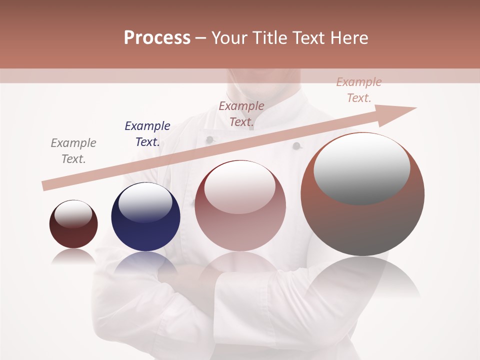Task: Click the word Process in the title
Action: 157,38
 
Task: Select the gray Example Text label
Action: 73,151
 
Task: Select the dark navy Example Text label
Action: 147,134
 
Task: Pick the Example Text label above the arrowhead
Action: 359,90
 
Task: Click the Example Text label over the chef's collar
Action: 241,114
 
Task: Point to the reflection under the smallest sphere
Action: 73,256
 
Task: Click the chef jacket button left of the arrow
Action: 210,139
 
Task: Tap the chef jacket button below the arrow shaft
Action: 296,146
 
